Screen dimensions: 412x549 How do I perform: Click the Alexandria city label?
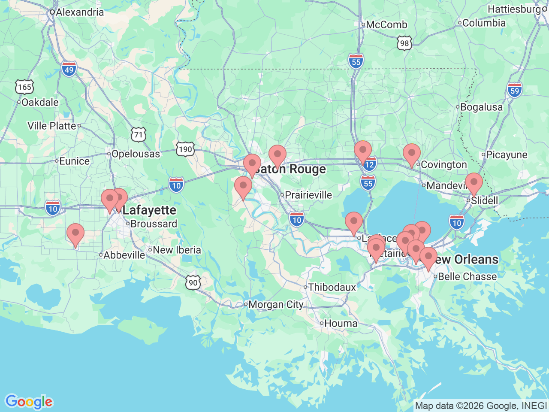pyautogui.click(x=80, y=12)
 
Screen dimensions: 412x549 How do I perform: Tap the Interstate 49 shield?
pyautogui.click(x=69, y=69)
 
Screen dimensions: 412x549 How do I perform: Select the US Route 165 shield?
pyautogui.click(x=24, y=87)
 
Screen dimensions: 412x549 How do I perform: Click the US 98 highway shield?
pyautogui.click(x=404, y=43)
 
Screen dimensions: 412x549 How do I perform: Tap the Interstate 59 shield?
pyautogui.click(x=515, y=90)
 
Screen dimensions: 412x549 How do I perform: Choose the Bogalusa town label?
pyautogui.click(x=481, y=107)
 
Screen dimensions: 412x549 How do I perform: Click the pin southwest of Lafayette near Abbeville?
pyautogui.click(x=75, y=234)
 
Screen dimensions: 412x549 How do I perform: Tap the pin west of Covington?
pyautogui.click(x=412, y=154)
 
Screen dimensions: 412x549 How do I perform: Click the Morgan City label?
pyautogui.click(x=276, y=305)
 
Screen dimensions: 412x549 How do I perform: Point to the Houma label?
pyautogui.click(x=341, y=323)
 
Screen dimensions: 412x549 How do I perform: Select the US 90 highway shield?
pyautogui.click(x=193, y=282)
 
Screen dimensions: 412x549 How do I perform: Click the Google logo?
pyautogui.click(x=29, y=402)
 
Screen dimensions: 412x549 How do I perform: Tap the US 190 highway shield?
pyautogui.click(x=185, y=149)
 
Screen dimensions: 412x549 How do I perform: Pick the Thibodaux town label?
pyautogui.click(x=332, y=287)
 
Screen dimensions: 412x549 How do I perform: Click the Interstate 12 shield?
pyautogui.click(x=370, y=164)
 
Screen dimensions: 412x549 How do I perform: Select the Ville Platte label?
pyautogui.click(x=52, y=126)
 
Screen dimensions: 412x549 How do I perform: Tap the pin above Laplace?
pyautogui.click(x=354, y=222)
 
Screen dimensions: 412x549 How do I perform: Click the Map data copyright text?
pyautogui.click(x=481, y=406)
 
